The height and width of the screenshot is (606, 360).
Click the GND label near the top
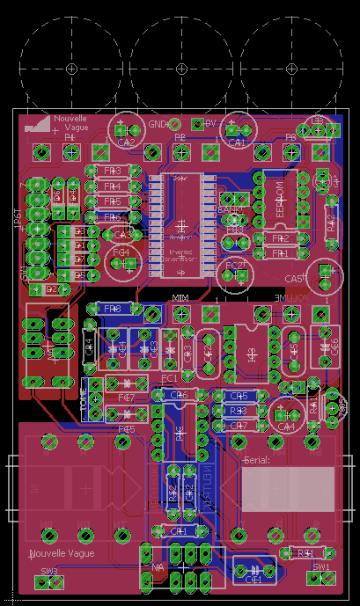click(158, 124)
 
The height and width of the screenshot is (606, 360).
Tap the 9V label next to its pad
click(210, 124)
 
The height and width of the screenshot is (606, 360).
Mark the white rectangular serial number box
click(288, 489)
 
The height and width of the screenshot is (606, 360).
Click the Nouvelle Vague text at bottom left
click(62, 554)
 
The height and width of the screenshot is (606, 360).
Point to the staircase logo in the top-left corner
click(38, 124)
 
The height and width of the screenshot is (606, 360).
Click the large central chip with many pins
click(180, 224)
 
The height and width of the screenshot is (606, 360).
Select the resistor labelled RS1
click(305, 552)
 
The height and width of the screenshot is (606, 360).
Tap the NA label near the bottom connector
click(158, 567)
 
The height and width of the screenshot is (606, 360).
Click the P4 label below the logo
click(70, 138)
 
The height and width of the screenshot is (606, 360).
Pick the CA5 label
click(293, 279)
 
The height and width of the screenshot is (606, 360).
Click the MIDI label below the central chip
click(180, 300)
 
